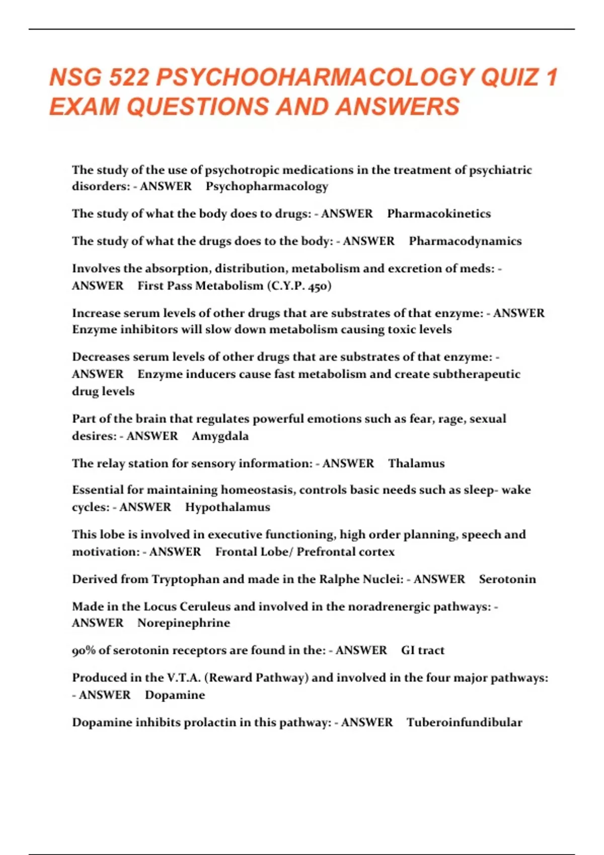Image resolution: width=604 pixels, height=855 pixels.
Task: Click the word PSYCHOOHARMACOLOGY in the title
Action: (x=315, y=78)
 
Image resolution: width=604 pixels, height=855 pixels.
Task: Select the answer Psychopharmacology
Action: (x=267, y=187)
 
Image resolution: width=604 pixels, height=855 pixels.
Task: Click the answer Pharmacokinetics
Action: (x=438, y=214)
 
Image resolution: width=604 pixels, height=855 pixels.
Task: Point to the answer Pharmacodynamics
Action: (x=465, y=241)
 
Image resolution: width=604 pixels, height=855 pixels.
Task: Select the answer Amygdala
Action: (x=220, y=436)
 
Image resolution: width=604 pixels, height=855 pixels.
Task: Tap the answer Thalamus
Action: (x=416, y=464)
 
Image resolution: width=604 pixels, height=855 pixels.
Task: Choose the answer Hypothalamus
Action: (x=228, y=507)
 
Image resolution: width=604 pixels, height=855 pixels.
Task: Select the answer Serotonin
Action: (x=507, y=579)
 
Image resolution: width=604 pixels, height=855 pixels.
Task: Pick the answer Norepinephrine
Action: (x=184, y=623)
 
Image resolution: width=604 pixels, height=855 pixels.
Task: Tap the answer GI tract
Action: (x=423, y=651)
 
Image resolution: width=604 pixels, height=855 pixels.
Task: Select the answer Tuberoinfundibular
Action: (x=464, y=723)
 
